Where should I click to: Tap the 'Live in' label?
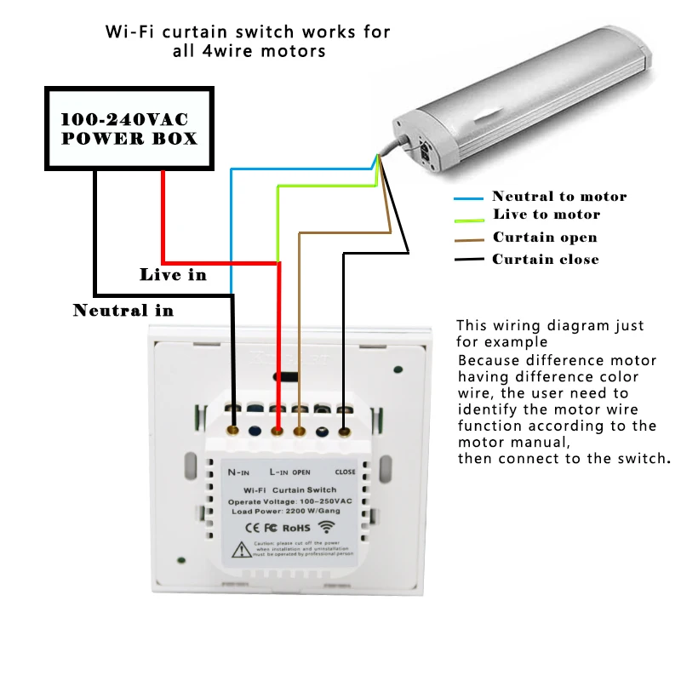click(x=173, y=275)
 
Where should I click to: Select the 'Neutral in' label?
click(x=123, y=310)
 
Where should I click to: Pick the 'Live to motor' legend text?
click(x=547, y=215)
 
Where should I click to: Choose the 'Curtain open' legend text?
click(x=545, y=237)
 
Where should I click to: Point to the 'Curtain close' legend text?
click(x=546, y=259)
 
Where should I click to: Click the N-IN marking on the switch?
click(x=237, y=471)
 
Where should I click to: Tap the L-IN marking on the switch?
click(x=278, y=471)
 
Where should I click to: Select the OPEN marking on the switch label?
click(x=301, y=471)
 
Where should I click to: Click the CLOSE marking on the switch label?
click(x=345, y=471)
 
